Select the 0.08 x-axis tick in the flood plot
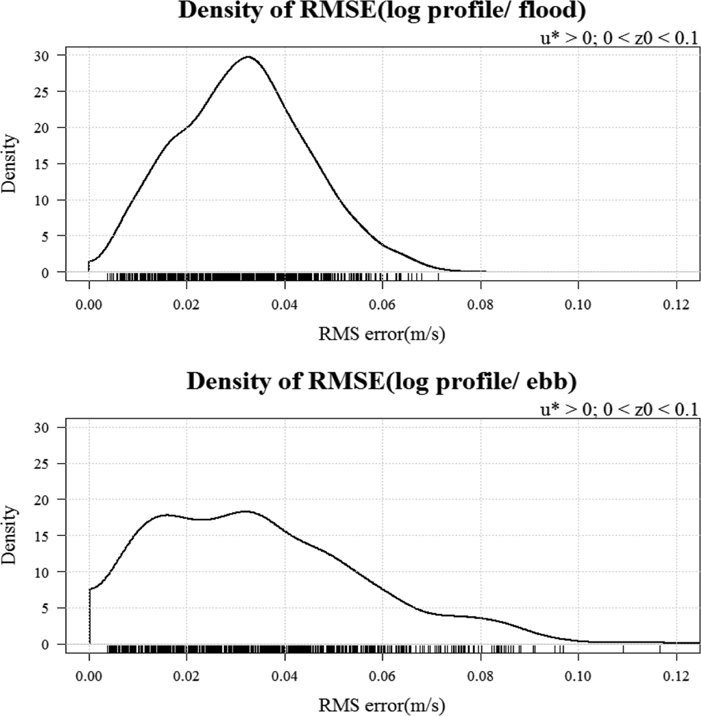pos(480,305)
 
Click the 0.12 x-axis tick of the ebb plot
pos(676,677)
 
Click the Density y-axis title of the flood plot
pos(9,163)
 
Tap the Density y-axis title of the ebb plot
pos(9,535)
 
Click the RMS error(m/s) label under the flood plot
pos(382,334)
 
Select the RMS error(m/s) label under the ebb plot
pos(382,705)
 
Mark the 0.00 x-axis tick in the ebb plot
pos(89,677)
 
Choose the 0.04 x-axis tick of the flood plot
pos(284,305)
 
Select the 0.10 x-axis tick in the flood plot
pos(578,305)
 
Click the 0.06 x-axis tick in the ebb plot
pos(382,677)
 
